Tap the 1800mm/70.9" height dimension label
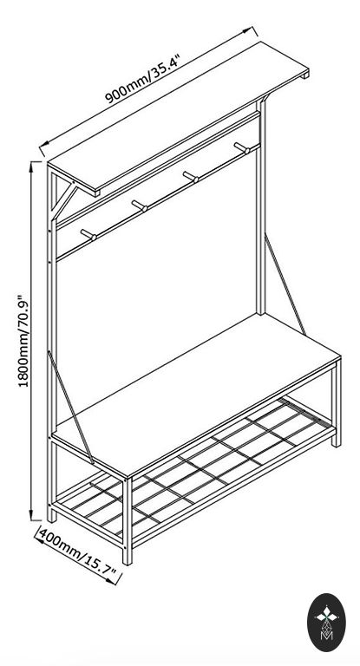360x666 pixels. pyautogui.click(x=25, y=341)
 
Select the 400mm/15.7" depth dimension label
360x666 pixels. pyautogui.click(x=79, y=554)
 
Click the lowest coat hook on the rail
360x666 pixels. pyautogui.click(x=88, y=235)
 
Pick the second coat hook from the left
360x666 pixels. pyautogui.click(x=140, y=206)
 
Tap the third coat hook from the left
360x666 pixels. pyautogui.click(x=191, y=177)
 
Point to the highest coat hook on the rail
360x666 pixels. pyautogui.click(x=242, y=148)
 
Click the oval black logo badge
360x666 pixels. pyautogui.click(x=326, y=623)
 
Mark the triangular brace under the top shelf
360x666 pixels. pyautogui.click(x=62, y=199)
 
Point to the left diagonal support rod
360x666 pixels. pyautogui.click(x=71, y=407)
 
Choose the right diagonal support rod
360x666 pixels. pyautogui.click(x=285, y=284)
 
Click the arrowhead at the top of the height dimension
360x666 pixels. pyautogui.click(x=31, y=166)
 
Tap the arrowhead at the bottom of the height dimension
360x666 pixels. pyautogui.click(x=32, y=515)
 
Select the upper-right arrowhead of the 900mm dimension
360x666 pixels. pyautogui.click(x=248, y=30)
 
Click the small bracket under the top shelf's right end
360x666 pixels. pyautogui.click(x=304, y=75)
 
